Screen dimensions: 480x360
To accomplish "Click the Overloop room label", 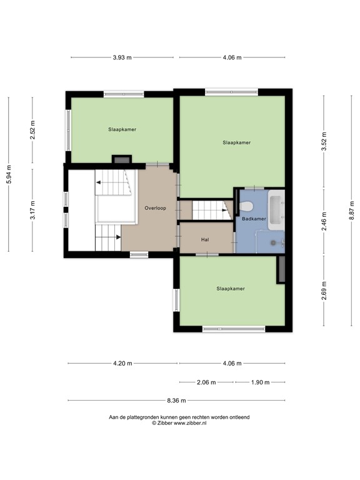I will tap(155, 208).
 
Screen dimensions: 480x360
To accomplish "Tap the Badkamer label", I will tap(254, 219).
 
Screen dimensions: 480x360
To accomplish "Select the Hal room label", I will tap(204, 239).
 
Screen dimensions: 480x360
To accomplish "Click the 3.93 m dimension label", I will tap(122, 57).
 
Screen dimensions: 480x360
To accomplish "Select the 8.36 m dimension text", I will tap(177, 400).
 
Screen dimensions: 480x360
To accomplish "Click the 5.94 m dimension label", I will tap(9, 174).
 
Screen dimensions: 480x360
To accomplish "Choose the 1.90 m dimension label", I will tap(260, 382).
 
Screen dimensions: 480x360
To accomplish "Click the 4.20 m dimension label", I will tap(122, 363).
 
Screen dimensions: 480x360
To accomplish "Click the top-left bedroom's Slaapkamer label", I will tap(122, 129).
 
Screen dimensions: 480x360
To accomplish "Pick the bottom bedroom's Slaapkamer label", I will tap(230, 289).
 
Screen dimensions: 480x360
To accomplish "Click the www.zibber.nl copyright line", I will tap(179, 423).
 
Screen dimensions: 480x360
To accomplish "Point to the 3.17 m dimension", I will tap(33, 209).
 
